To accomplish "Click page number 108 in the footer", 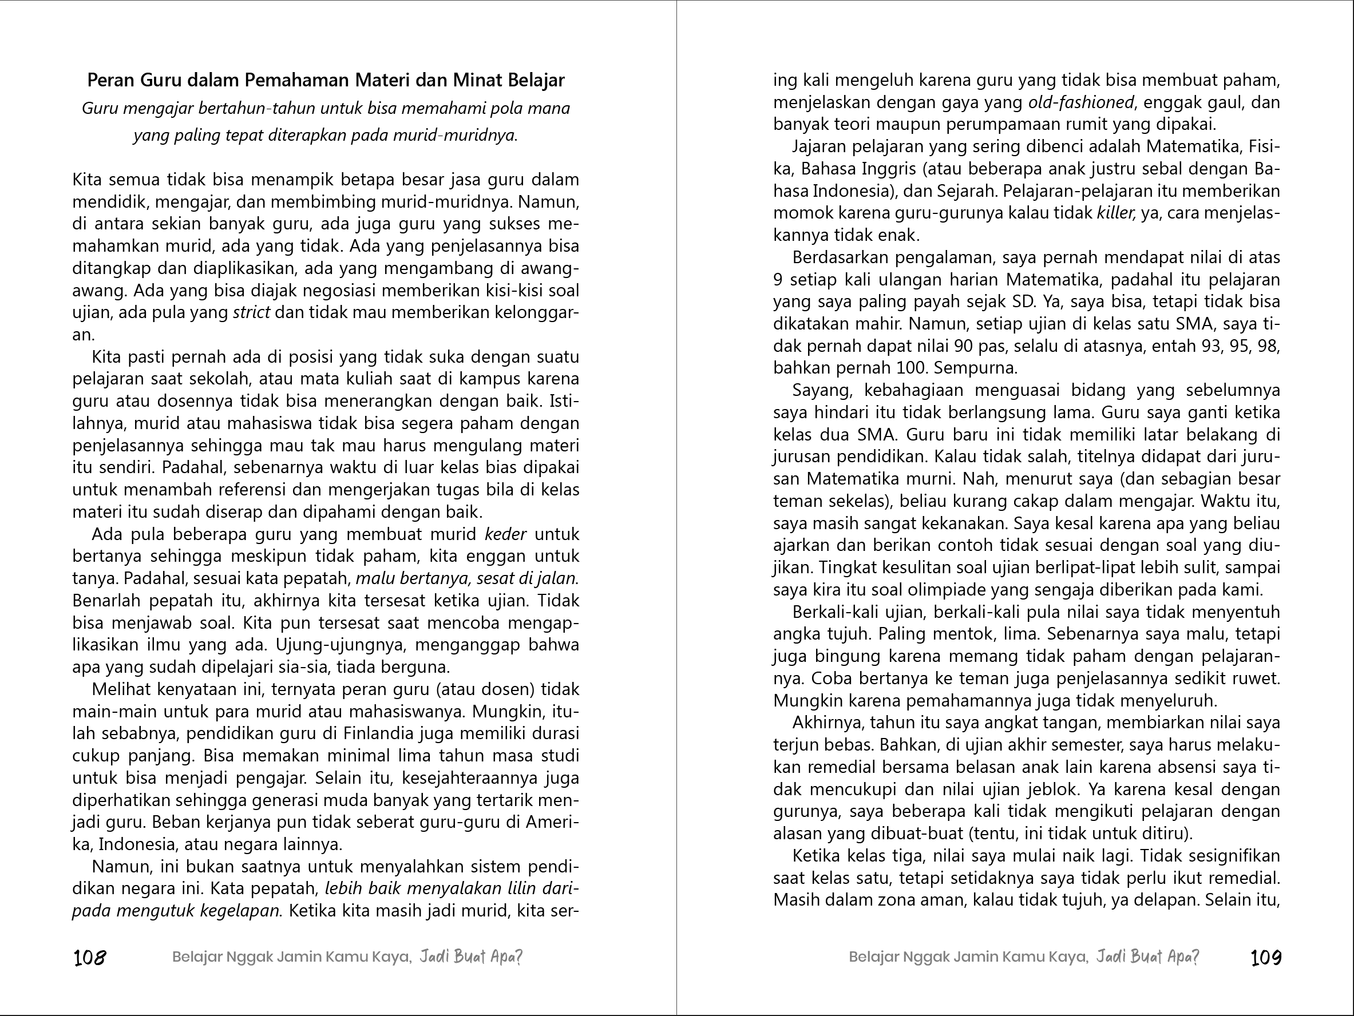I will pos(89,957).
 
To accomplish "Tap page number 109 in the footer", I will pos(1266,957).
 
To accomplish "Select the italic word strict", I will pos(252,313).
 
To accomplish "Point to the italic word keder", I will pos(505,534).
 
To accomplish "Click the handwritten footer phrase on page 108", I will pos(471,957).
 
